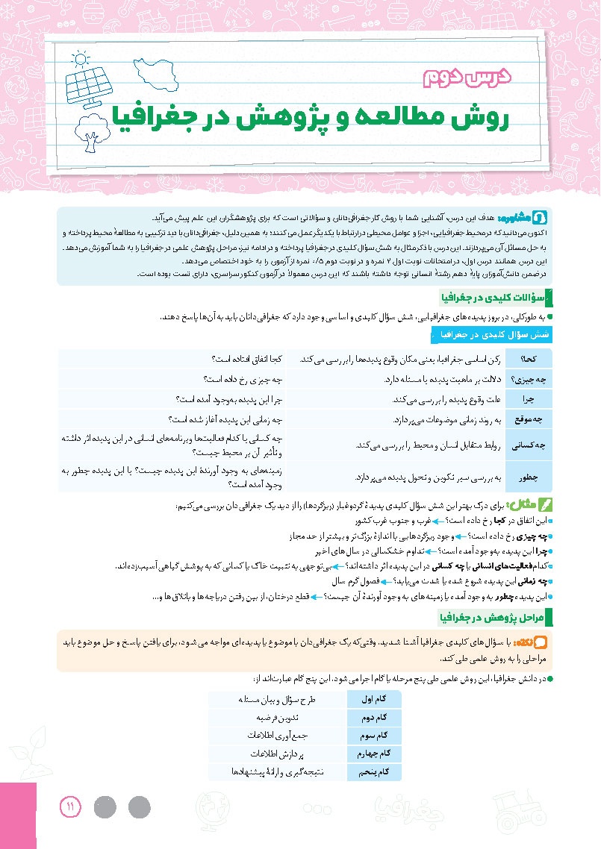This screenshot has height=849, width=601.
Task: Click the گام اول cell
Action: (374, 699)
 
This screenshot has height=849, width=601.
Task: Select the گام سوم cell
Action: (374, 735)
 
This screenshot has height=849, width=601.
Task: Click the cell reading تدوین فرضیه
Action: (278, 717)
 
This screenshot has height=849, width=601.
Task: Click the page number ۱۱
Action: (69, 806)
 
